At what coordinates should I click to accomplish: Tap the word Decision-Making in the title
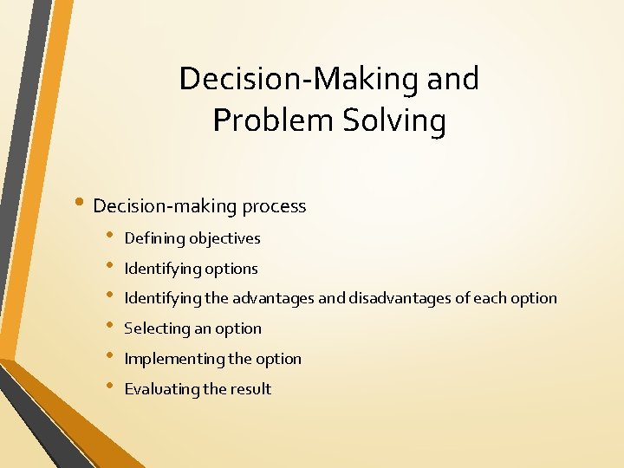pyautogui.click(x=299, y=79)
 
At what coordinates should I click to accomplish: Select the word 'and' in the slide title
pyautogui.click(x=452, y=79)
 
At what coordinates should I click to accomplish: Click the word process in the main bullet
pyautogui.click(x=274, y=206)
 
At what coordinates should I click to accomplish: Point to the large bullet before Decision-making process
pyautogui.click(x=79, y=205)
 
